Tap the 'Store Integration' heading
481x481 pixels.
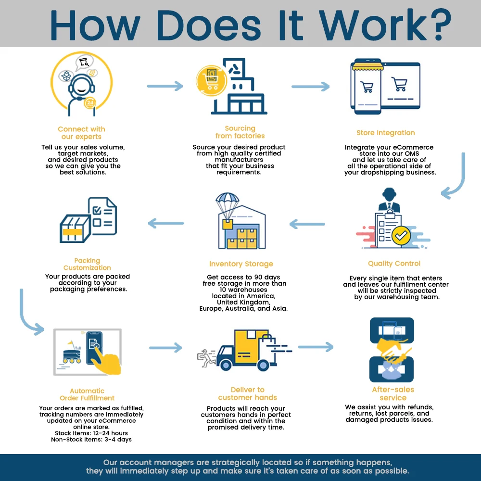385,133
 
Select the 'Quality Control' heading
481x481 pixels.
394,264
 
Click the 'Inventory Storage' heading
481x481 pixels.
241,264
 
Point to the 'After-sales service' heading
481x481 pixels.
393,394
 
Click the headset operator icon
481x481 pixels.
79,89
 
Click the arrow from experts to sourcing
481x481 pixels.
165,87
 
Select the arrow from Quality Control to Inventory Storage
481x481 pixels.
307,224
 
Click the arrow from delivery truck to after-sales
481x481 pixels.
316,347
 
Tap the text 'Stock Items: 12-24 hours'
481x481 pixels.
91,433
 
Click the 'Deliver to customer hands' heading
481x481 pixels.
247,393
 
